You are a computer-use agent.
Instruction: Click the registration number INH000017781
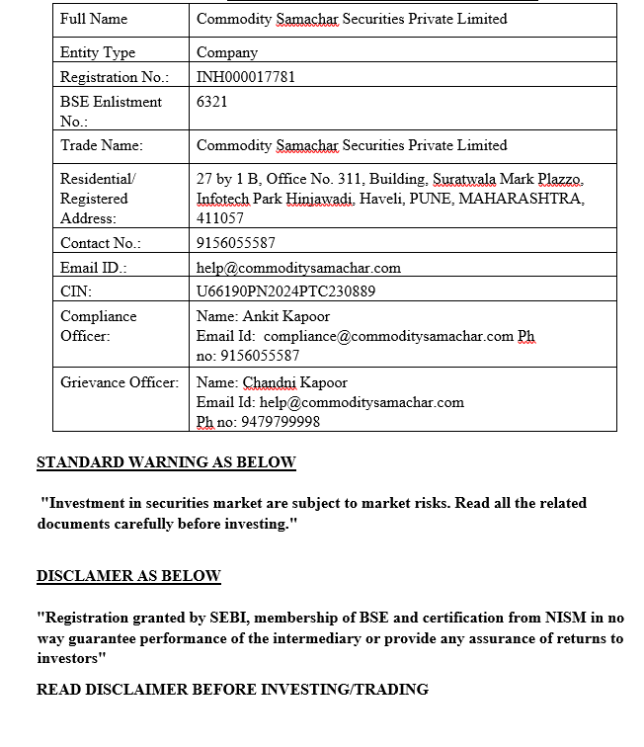click(x=246, y=77)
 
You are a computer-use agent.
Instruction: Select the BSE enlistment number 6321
click(x=212, y=102)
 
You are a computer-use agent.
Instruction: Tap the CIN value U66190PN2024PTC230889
click(x=285, y=291)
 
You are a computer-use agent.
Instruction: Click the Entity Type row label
click(x=98, y=52)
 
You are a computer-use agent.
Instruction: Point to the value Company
click(x=227, y=52)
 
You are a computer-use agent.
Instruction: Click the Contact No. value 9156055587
click(x=236, y=243)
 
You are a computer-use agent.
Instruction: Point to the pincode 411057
click(x=220, y=218)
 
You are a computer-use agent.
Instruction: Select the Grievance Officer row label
click(x=120, y=382)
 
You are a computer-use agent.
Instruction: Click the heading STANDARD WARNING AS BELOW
click(x=166, y=462)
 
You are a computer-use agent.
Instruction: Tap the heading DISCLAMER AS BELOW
click(x=128, y=576)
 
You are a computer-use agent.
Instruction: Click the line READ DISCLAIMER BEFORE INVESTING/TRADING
click(x=232, y=690)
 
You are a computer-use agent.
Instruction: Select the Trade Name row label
click(x=102, y=145)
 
